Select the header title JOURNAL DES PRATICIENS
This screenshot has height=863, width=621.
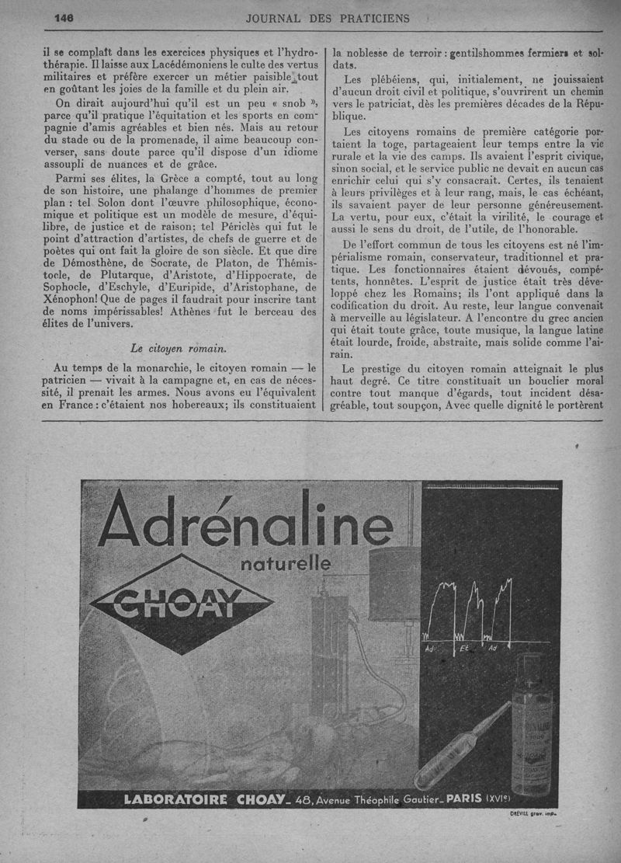tap(327, 18)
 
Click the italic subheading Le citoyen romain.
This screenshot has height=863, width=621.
tap(178, 347)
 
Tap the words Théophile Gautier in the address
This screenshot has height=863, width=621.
tap(402, 800)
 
